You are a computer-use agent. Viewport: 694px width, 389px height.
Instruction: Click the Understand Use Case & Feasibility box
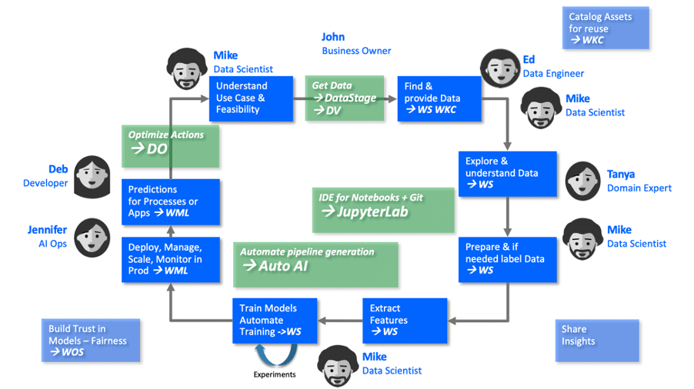[x=251, y=98]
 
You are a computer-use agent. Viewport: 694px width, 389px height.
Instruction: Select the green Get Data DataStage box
[x=345, y=98]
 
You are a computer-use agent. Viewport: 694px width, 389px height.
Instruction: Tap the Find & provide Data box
[x=439, y=98]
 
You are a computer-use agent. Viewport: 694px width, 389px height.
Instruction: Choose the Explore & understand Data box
[x=507, y=174]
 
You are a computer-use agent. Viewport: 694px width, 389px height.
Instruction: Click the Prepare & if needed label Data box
[x=507, y=260]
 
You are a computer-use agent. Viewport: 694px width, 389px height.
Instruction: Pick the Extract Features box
[x=405, y=321]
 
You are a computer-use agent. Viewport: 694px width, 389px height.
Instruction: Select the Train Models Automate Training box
[x=275, y=321]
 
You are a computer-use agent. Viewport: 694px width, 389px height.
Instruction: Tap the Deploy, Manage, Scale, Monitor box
[x=171, y=260]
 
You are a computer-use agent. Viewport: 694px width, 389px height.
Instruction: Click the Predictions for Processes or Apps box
[x=171, y=202]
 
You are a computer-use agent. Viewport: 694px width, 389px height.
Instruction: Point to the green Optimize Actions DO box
[x=170, y=146]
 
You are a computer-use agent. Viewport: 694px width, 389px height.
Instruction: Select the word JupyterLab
[x=372, y=212]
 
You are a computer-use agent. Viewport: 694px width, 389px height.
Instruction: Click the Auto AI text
[x=283, y=266]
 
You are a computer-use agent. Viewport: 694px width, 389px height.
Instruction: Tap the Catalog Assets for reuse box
[x=606, y=28]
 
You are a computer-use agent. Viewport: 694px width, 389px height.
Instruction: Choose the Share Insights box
[x=597, y=341]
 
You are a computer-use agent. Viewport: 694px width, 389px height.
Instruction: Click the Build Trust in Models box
[x=91, y=341]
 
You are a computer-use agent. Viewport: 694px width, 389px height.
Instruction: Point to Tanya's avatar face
[x=582, y=181]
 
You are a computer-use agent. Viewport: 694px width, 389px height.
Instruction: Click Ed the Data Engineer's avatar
[x=500, y=68]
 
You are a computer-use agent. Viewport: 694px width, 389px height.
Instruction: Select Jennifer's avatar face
[x=92, y=238]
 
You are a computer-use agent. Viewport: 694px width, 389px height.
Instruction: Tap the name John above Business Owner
[x=333, y=37]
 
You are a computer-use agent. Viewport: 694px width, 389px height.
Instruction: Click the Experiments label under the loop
[x=275, y=374]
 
